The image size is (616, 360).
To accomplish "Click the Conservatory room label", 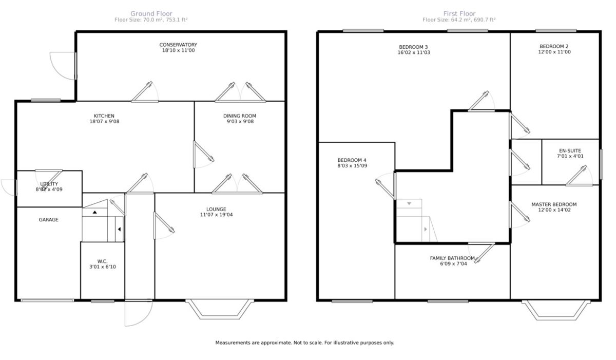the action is [x=178, y=45].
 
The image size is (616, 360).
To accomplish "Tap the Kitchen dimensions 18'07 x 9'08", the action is [x=104, y=121].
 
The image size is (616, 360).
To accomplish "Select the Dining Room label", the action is [x=240, y=116].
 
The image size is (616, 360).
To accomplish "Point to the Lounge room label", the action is [x=216, y=209].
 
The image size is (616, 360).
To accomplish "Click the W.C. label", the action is [x=102, y=261].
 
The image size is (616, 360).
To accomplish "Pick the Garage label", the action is [x=48, y=219].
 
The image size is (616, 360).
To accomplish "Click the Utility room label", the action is [x=49, y=184].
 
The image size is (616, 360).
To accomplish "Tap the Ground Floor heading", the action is [x=151, y=13].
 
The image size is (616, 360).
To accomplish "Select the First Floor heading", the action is [x=459, y=13].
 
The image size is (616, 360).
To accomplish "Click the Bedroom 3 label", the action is [x=413, y=47].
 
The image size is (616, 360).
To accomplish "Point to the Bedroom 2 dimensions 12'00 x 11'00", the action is [x=554, y=52].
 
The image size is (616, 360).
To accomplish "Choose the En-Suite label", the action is [x=570, y=150].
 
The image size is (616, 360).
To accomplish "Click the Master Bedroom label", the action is [x=554, y=204].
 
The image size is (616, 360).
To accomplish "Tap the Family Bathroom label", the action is [x=452, y=258].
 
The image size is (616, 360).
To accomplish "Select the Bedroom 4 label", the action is [x=352, y=160].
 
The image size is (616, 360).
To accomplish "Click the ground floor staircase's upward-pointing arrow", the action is [x=94, y=212].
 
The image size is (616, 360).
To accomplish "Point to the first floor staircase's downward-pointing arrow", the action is [x=409, y=203].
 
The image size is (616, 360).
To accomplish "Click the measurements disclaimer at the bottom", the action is [x=304, y=343].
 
